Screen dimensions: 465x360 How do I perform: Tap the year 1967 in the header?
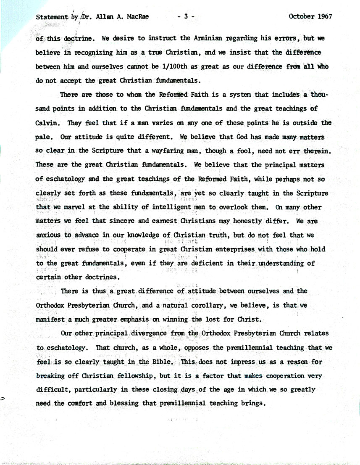click(323, 17)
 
